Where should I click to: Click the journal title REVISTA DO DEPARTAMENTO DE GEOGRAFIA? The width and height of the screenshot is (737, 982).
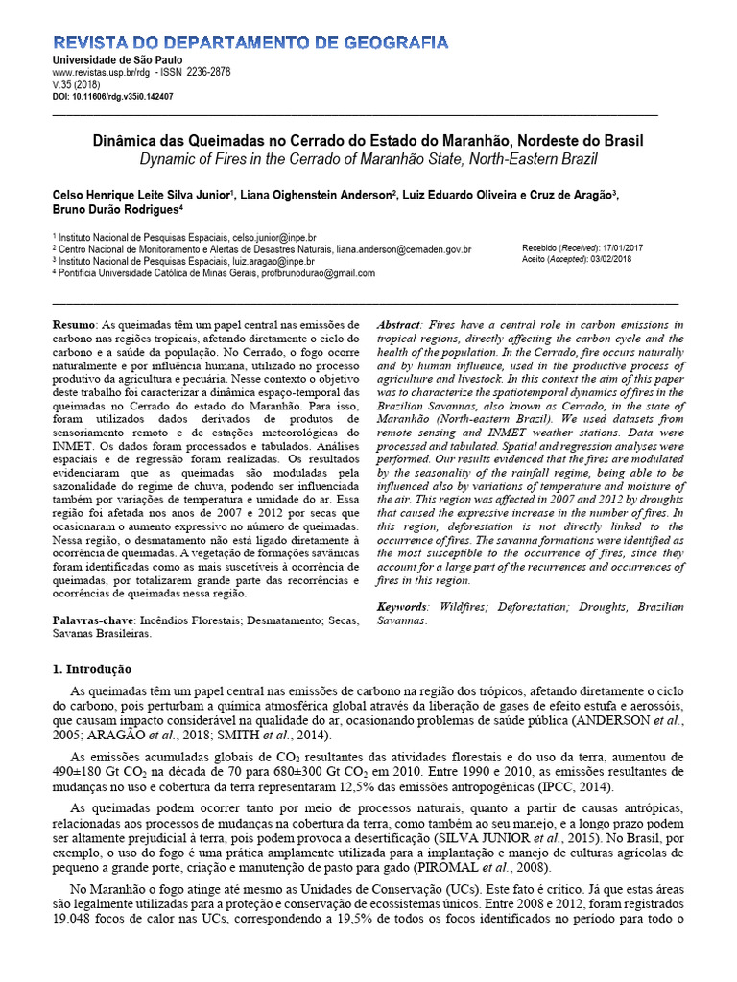pos(249,43)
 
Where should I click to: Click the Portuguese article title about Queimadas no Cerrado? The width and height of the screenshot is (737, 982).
pos(368,140)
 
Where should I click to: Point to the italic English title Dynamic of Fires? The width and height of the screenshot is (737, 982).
pos(368,158)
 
